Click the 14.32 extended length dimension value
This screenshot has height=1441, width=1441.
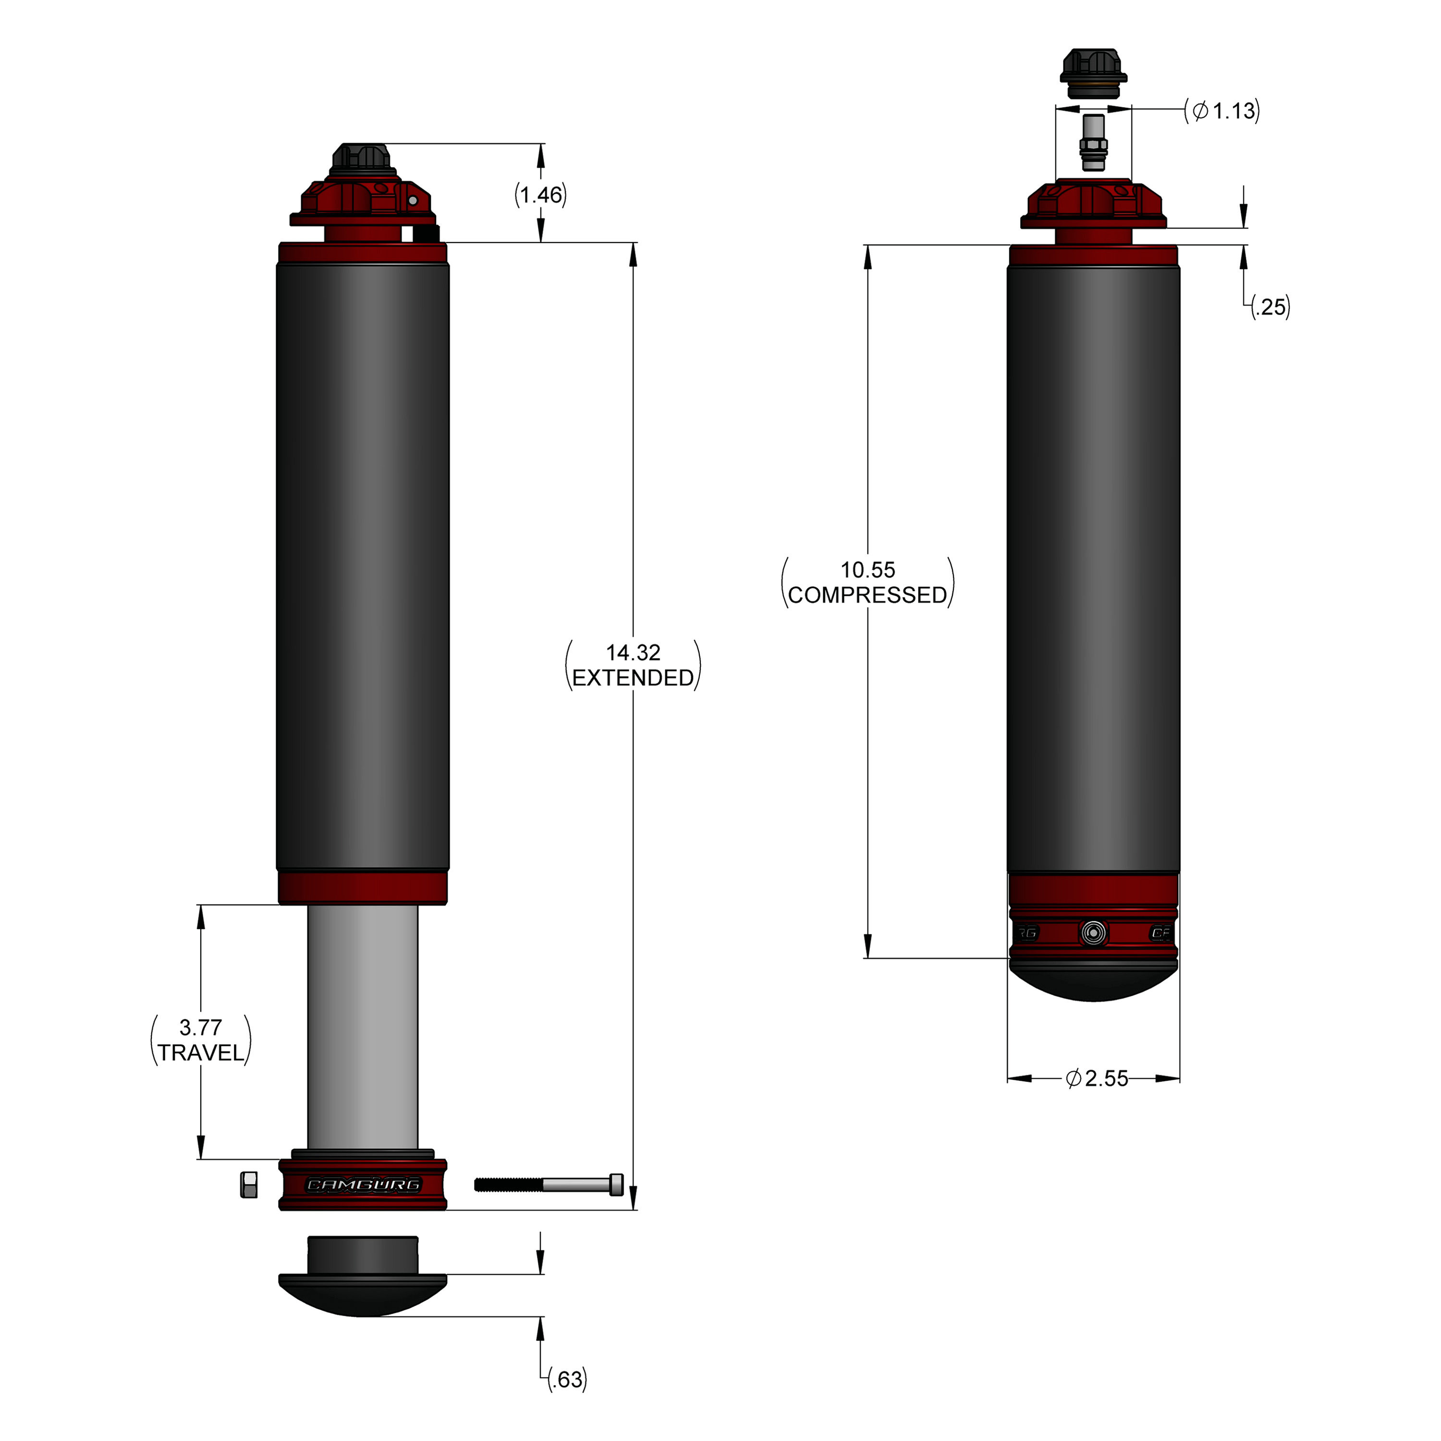point(633,653)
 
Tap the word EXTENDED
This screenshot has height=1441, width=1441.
point(633,677)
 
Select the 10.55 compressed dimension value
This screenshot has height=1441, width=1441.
point(867,570)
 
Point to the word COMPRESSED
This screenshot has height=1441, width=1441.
point(867,595)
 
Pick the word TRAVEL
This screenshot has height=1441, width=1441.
point(201,1052)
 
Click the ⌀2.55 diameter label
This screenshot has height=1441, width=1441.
point(1097,1078)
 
